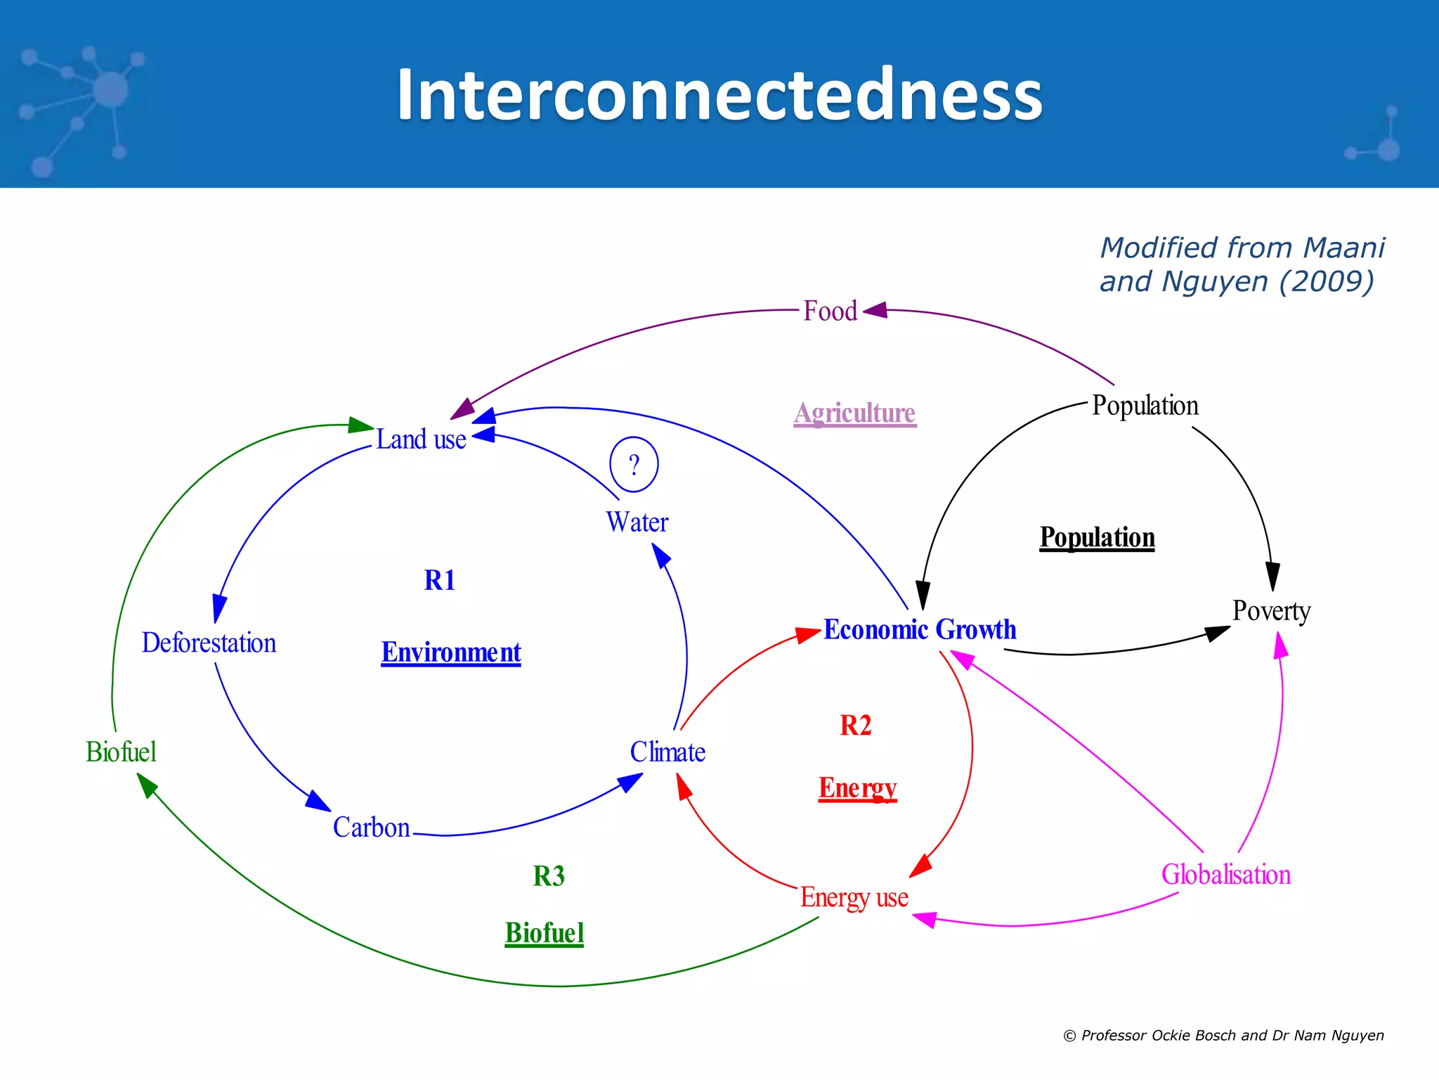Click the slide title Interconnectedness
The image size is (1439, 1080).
pyautogui.click(x=719, y=96)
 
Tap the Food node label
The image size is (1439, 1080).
pyautogui.click(x=830, y=311)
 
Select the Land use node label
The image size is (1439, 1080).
pyautogui.click(x=421, y=439)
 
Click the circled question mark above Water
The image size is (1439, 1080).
pyautogui.click(x=634, y=465)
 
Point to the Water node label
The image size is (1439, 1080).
pyautogui.click(x=637, y=522)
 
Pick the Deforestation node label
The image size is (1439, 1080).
pyautogui.click(x=209, y=643)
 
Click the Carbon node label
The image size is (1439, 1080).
pyautogui.click(x=371, y=828)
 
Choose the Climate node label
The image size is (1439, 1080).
pyautogui.click(x=668, y=752)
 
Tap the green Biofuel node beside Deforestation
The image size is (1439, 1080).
pyautogui.click(x=121, y=752)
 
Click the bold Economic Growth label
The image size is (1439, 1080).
pyautogui.click(x=920, y=629)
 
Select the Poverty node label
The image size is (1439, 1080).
pyautogui.click(x=1271, y=610)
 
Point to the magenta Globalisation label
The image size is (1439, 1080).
pyautogui.click(x=1225, y=875)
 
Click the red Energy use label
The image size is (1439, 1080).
pyautogui.click(x=854, y=897)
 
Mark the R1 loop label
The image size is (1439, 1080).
pyautogui.click(x=440, y=581)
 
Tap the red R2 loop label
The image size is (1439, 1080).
pyautogui.click(x=855, y=726)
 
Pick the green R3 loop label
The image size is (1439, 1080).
pyautogui.click(x=549, y=876)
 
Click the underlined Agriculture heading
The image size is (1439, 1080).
pyautogui.click(x=854, y=413)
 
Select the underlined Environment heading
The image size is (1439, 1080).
pyautogui.click(x=450, y=652)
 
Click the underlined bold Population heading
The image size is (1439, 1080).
pyautogui.click(x=1097, y=537)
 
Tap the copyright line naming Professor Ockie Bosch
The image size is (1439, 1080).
pyautogui.click(x=1223, y=1035)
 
